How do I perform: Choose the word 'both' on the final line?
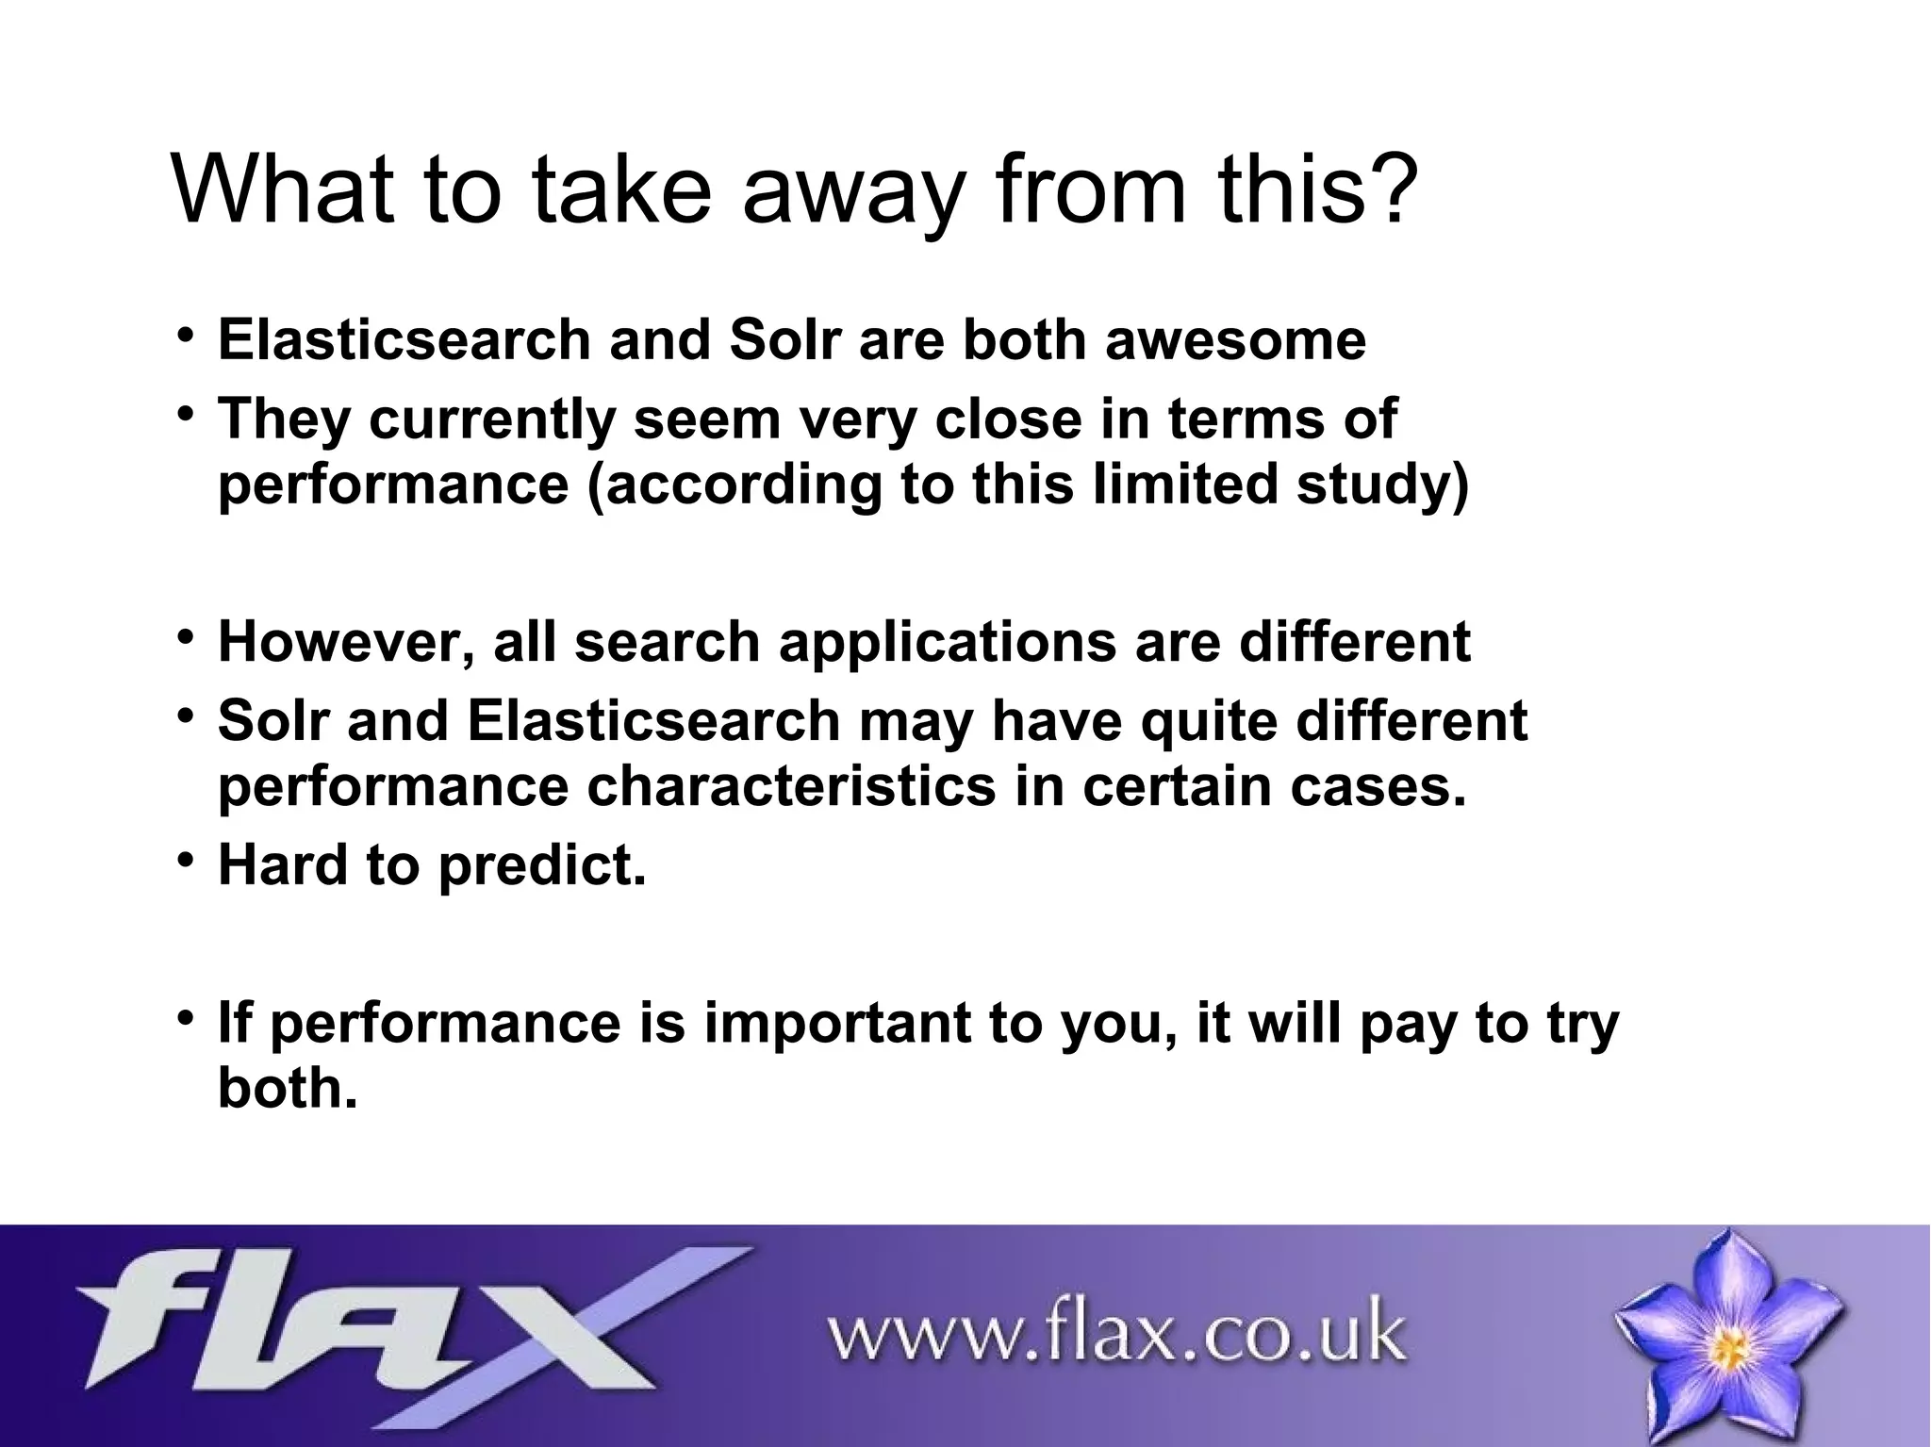(x=287, y=1089)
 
